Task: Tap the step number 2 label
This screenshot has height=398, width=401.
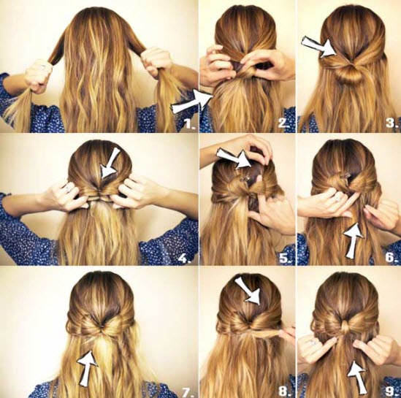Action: click(284, 123)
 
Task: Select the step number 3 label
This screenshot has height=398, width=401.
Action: click(390, 124)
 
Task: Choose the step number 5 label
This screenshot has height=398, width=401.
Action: click(284, 258)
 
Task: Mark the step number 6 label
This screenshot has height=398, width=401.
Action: click(390, 258)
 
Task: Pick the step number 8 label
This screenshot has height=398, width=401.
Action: click(284, 390)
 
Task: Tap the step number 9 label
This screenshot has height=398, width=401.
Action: click(390, 390)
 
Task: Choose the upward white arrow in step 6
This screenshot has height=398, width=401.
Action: click(353, 241)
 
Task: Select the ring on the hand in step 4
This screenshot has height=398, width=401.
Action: click(66, 188)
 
